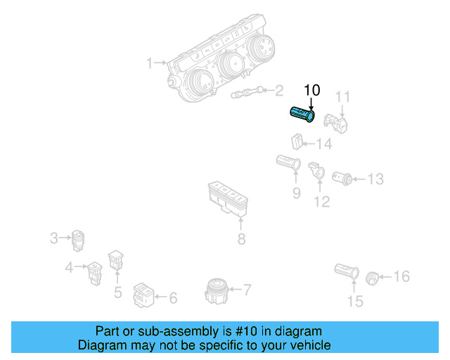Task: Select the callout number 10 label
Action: pos(311,90)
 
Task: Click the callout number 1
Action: pos(149,64)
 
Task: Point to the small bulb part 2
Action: pos(247,91)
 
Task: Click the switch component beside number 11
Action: pos(337,123)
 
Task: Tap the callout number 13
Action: pos(375,179)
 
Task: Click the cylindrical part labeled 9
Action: pos(289,164)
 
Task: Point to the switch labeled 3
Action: pos(78,240)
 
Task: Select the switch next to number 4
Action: pos(96,270)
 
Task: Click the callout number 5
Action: pos(117,291)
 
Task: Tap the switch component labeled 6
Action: pos(144,296)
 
